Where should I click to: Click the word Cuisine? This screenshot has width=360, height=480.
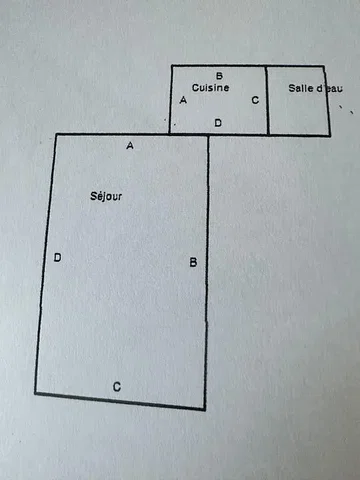(x=210, y=88)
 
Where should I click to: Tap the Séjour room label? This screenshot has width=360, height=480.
(x=106, y=196)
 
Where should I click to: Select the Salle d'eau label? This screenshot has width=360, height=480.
(x=315, y=88)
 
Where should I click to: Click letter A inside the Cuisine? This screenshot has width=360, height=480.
(x=183, y=100)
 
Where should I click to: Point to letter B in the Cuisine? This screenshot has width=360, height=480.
(x=219, y=76)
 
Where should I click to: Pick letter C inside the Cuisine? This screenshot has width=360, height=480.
(x=255, y=100)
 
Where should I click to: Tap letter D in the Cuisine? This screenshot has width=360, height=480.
(x=218, y=123)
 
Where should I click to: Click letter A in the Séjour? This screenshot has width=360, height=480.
(x=130, y=145)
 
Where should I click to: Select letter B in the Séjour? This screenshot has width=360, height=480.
(x=193, y=262)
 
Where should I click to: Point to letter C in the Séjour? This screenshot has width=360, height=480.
(x=117, y=387)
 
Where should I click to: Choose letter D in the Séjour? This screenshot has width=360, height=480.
(x=57, y=257)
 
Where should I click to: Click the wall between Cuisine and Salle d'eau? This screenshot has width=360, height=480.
(x=267, y=100)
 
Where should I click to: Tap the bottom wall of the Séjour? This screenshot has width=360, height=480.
(x=120, y=401)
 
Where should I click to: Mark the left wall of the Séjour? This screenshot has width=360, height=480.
(x=46, y=263)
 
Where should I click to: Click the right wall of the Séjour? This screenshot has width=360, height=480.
(x=207, y=272)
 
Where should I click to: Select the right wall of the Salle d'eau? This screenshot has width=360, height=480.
(x=327, y=101)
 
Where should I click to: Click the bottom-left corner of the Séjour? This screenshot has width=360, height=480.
(x=36, y=393)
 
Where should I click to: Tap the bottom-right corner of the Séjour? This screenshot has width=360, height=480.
(x=204, y=409)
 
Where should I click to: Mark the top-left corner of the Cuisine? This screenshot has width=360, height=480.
(x=172, y=66)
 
